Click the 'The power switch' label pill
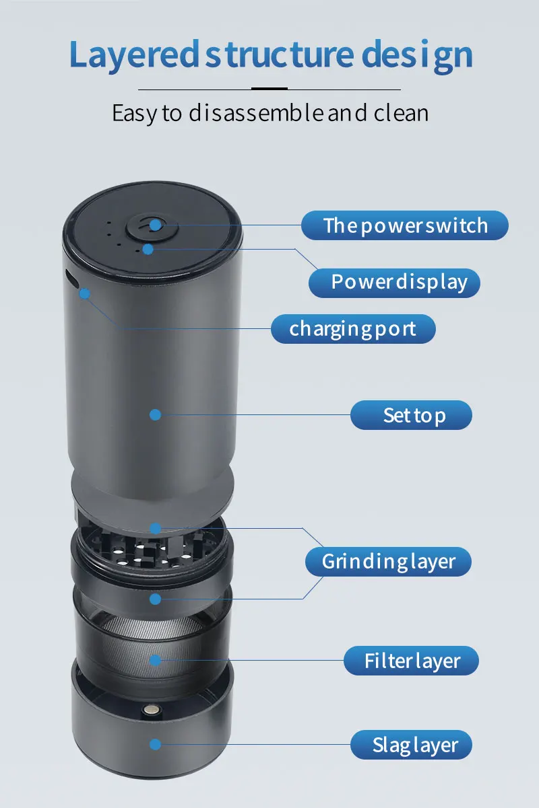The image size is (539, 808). [x=405, y=225]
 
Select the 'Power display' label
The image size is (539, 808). [x=394, y=283]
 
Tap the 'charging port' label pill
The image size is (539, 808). [x=353, y=328]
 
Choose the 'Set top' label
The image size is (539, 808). [x=411, y=415]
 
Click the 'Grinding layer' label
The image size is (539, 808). [x=388, y=562]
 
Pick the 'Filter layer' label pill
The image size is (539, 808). [x=411, y=661]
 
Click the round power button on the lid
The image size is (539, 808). [x=152, y=228]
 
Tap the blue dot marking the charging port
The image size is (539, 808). [x=84, y=293]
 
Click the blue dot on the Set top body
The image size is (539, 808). [x=155, y=415]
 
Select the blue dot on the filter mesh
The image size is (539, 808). [x=155, y=661]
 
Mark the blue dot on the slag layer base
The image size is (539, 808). [x=155, y=744]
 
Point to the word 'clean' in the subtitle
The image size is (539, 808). [x=401, y=113]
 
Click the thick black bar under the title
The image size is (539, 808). [x=269, y=88]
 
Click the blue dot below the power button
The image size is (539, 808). [x=148, y=249]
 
